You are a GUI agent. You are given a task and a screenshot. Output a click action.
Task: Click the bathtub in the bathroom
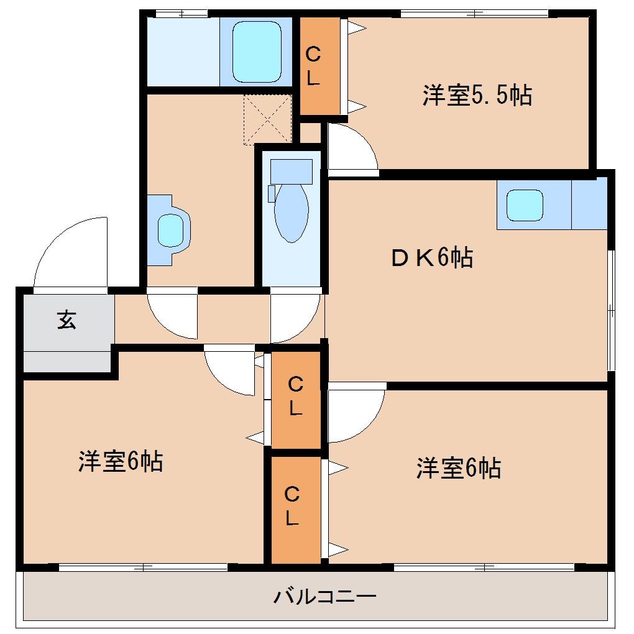256,52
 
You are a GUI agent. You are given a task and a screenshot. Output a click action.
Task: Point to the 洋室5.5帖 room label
477,96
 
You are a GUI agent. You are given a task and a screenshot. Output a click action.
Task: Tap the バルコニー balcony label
325,597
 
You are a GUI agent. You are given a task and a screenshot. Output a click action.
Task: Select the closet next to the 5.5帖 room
319,66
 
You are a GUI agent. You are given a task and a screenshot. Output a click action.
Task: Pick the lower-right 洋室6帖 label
459,467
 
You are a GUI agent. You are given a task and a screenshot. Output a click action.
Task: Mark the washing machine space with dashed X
267,119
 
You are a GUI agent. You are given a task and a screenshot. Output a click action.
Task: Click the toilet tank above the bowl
291,171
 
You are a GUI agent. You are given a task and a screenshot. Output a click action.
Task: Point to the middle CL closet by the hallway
296,398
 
